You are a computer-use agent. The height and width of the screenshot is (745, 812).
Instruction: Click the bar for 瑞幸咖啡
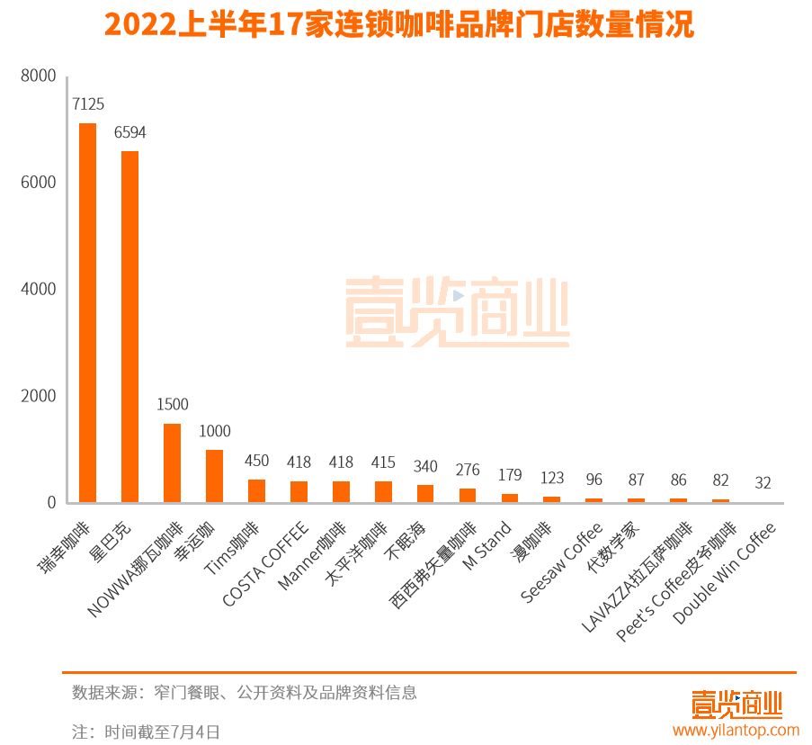[87, 312]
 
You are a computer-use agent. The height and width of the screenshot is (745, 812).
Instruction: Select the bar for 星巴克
[129, 327]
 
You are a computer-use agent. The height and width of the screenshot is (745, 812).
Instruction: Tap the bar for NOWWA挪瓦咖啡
[172, 462]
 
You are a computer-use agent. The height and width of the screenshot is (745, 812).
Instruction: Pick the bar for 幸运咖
[214, 476]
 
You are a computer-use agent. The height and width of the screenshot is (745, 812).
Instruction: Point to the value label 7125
[87, 104]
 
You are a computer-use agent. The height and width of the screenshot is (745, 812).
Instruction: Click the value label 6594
[129, 132]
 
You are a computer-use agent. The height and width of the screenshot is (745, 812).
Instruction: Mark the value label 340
[425, 466]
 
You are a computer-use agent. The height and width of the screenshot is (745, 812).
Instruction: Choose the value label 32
[763, 483]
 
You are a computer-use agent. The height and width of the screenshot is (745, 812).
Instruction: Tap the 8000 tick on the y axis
[39, 76]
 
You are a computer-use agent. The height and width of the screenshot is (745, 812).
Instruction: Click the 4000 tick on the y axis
[39, 289]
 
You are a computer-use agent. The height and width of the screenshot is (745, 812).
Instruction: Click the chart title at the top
[399, 25]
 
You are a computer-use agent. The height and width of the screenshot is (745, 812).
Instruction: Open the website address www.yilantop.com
[736, 730]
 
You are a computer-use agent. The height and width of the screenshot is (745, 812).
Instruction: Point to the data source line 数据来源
[245, 693]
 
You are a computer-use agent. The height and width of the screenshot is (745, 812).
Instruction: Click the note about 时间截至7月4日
[146, 732]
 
